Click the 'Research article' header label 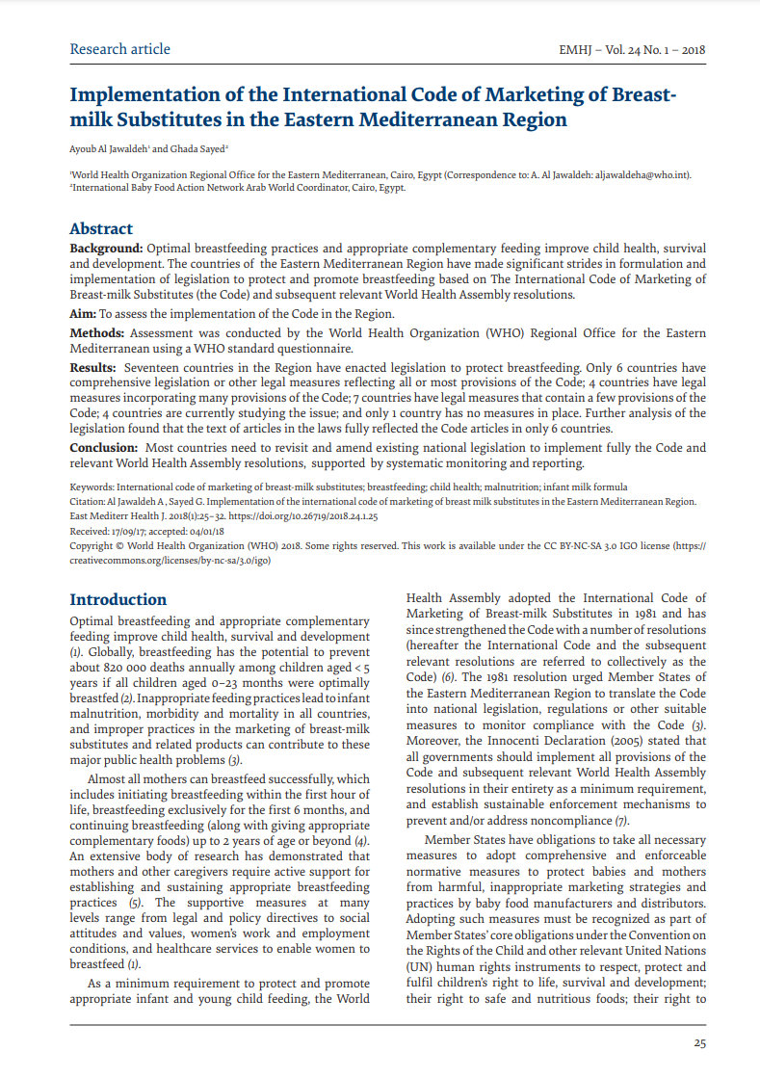(119, 49)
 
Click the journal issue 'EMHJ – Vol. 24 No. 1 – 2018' (633, 50)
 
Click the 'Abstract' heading (101, 229)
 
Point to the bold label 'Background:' (106, 249)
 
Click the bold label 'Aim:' (83, 314)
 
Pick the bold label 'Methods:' (96, 333)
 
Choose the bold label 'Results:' (93, 368)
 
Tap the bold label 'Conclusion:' (104, 448)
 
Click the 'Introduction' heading (118, 599)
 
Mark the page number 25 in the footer (700, 1042)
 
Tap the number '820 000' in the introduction (126, 667)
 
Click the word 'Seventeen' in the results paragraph (153, 368)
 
